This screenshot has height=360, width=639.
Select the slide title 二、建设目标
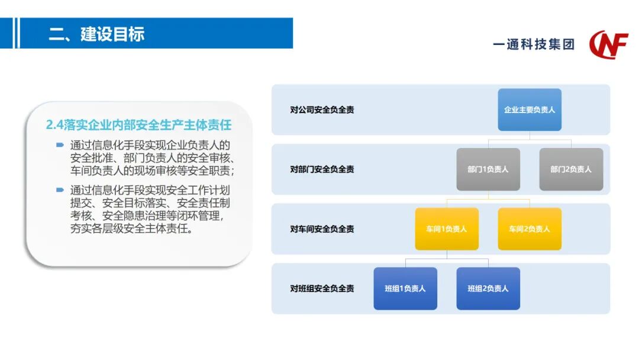[x=96, y=34]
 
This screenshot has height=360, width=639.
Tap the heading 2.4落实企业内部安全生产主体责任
[x=138, y=125]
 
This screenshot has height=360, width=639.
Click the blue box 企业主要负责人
[x=529, y=110]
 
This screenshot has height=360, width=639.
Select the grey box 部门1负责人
[x=488, y=169]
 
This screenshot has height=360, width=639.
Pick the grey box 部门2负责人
[x=571, y=169]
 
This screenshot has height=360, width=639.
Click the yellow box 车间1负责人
[x=447, y=229]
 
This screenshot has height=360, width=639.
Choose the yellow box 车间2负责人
[x=530, y=229]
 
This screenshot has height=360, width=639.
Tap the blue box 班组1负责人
[x=405, y=289]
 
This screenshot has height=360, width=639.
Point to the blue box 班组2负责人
[x=488, y=289]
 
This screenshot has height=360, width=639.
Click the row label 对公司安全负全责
[x=322, y=110]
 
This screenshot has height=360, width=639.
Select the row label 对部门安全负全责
[x=322, y=169]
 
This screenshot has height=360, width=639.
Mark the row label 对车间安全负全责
[x=322, y=229]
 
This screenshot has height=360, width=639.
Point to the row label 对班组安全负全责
[x=322, y=289]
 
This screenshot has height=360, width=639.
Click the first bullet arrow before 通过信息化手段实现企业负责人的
[x=60, y=144]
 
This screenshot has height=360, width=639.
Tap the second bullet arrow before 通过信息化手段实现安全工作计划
[x=60, y=190]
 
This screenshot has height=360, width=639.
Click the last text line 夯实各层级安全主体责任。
[x=131, y=229]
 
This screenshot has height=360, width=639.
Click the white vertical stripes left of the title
[x=17, y=33]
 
